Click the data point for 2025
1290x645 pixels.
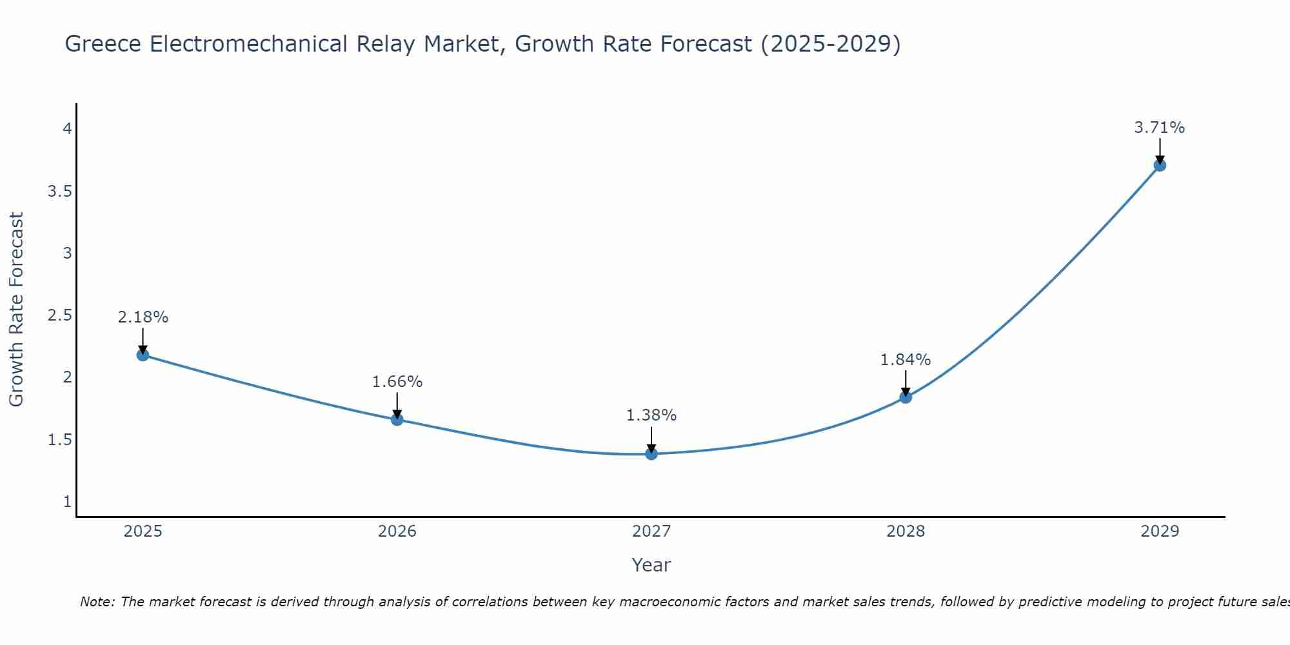coord(143,355)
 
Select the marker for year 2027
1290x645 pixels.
coord(651,453)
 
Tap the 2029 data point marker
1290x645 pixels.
coord(1160,165)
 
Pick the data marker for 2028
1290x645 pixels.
coord(906,397)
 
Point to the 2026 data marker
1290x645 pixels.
coord(397,420)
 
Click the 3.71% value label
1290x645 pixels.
coord(1160,128)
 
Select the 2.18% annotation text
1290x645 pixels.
coord(143,317)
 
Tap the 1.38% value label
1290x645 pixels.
coord(651,415)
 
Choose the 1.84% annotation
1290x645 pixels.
coord(906,360)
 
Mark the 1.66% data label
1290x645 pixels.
coord(397,382)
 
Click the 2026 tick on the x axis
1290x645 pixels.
coord(397,531)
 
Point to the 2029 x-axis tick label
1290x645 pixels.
coord(1160,531)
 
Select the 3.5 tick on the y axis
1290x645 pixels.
coord(59,192)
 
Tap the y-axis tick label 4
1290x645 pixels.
coord(67,129)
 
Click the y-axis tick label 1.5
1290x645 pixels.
coord(59,440)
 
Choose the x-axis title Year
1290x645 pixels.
coord(651,565)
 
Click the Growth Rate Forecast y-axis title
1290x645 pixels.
coord(17,310)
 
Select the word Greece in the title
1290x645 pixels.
coord(104,44)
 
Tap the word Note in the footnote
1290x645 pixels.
coord(97,602)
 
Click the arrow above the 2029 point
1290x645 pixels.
coord(1160,151)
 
